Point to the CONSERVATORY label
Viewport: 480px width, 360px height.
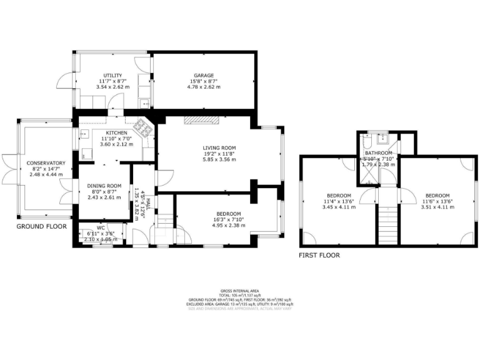tap(46, 162)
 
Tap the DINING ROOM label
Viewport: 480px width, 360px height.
tap(104, 186)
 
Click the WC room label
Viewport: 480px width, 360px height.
tap(101, 227)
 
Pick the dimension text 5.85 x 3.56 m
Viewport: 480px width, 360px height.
tap(219, 159)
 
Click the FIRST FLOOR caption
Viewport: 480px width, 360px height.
tap(319, 255)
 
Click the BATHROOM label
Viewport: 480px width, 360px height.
tap(379, 153)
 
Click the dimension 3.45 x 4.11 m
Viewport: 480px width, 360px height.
tap(339, 207)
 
